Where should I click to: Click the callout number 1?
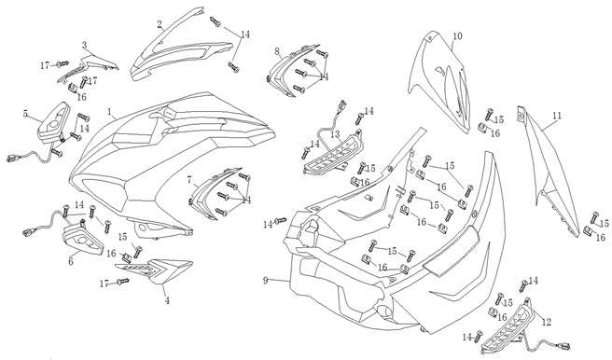point(110,113)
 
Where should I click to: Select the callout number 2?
point(160,24)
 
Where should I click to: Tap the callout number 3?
point(84,46)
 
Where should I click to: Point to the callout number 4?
point(167,300)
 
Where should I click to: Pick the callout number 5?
point(25,114)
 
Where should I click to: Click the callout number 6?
point(71,261)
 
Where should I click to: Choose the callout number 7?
point(189,180)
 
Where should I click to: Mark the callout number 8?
point(277,51)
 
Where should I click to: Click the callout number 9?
point(265,280)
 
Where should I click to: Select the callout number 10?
point(457,36)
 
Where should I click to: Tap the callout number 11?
point(557,116)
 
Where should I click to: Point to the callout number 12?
point(547,322)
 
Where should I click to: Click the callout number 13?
point(336,134)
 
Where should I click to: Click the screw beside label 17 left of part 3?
point(63,63)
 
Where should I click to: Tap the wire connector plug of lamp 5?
point(12,158)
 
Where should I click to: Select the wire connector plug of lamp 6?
point(29,233)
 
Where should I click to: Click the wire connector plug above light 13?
point(342,105)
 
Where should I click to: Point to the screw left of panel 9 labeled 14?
point(281,221)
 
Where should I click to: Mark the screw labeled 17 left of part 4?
point(123,281)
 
